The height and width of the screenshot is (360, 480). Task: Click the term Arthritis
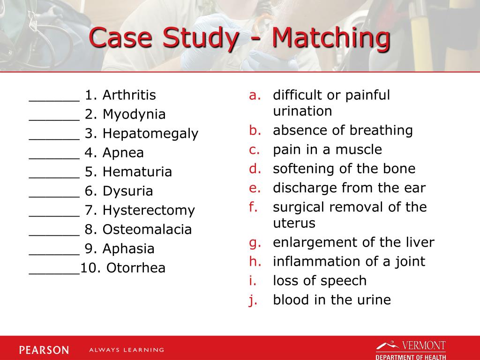tap(129, 95)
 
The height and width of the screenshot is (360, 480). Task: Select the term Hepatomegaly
tap(150, 134)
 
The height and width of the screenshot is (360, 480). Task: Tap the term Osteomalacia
tap(147, 229)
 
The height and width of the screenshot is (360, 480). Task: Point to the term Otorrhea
tap(136, 268)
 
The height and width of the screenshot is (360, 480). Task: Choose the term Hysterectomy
tap(149, 210)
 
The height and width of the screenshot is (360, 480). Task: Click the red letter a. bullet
tap(254, 95)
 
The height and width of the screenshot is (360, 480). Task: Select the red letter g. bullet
tap(254, 242)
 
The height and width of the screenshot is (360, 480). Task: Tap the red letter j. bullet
tap(253, 300)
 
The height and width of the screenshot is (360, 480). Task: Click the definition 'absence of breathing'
tap(343, 130)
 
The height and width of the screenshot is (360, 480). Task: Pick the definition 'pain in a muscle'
tap(327, 150)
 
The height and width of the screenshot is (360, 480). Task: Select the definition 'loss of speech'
tap(320, 281)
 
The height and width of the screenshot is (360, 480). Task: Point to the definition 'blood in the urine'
tap(332, 300)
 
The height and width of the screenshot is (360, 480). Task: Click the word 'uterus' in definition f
tap(294, 223)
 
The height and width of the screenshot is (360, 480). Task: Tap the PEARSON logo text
tap(44, 350)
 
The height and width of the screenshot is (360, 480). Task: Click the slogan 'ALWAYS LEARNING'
tap(127, 350)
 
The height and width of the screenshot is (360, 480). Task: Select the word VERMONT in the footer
tap(423, 346)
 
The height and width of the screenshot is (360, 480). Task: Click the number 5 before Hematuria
tap(89, 172)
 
